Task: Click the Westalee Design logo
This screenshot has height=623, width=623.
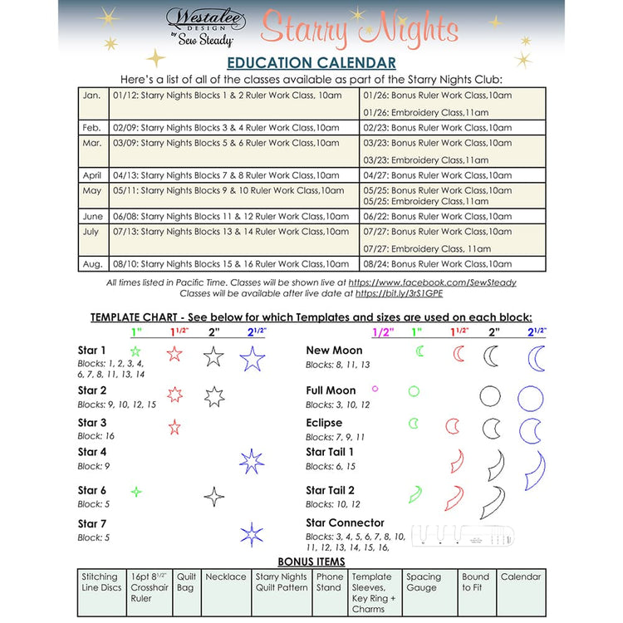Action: click(200, 26)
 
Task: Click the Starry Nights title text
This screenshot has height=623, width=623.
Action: click(359, 30)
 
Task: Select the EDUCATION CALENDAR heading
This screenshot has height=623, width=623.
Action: click(311, 63)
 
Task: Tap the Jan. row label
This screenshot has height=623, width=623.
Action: click(92, 96)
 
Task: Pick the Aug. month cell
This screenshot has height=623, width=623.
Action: click(92, 264)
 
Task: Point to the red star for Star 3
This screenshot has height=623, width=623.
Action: click(174, 428)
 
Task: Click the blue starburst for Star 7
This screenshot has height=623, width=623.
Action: click(252, 534)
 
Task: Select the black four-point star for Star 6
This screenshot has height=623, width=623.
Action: click(214, 497)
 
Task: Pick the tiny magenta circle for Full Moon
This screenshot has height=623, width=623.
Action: click(375, 388)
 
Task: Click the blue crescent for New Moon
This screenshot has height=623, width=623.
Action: click(537, 359)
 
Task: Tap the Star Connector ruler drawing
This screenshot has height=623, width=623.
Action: click(463, 536)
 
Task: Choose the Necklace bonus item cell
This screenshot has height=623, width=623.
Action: click(226, 591)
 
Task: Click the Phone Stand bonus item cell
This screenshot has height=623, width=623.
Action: click(330, 591)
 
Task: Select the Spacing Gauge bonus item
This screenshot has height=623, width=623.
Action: click(429, 591)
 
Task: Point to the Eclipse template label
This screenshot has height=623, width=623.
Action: click(324, 423)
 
